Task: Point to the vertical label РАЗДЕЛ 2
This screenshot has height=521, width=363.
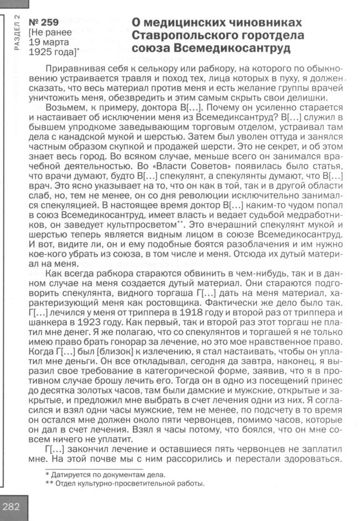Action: (x=17, y=33)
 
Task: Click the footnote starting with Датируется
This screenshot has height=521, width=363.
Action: (x=105, y=473)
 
